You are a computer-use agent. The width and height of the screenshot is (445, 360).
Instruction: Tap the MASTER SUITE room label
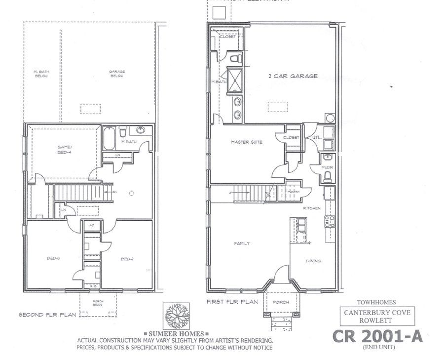pos(247,142)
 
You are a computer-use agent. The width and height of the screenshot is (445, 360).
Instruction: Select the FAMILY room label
pos(242,243)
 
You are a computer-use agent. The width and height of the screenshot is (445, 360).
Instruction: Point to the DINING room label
pos(313,261)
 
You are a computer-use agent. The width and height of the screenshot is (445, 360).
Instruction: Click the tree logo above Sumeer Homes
pos(178,315)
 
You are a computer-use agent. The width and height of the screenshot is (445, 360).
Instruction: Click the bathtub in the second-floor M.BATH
pos(110,140)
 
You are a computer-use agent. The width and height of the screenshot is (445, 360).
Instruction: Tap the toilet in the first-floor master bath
pos(236,59)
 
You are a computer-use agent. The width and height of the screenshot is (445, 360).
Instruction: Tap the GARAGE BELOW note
pos(117,74)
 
